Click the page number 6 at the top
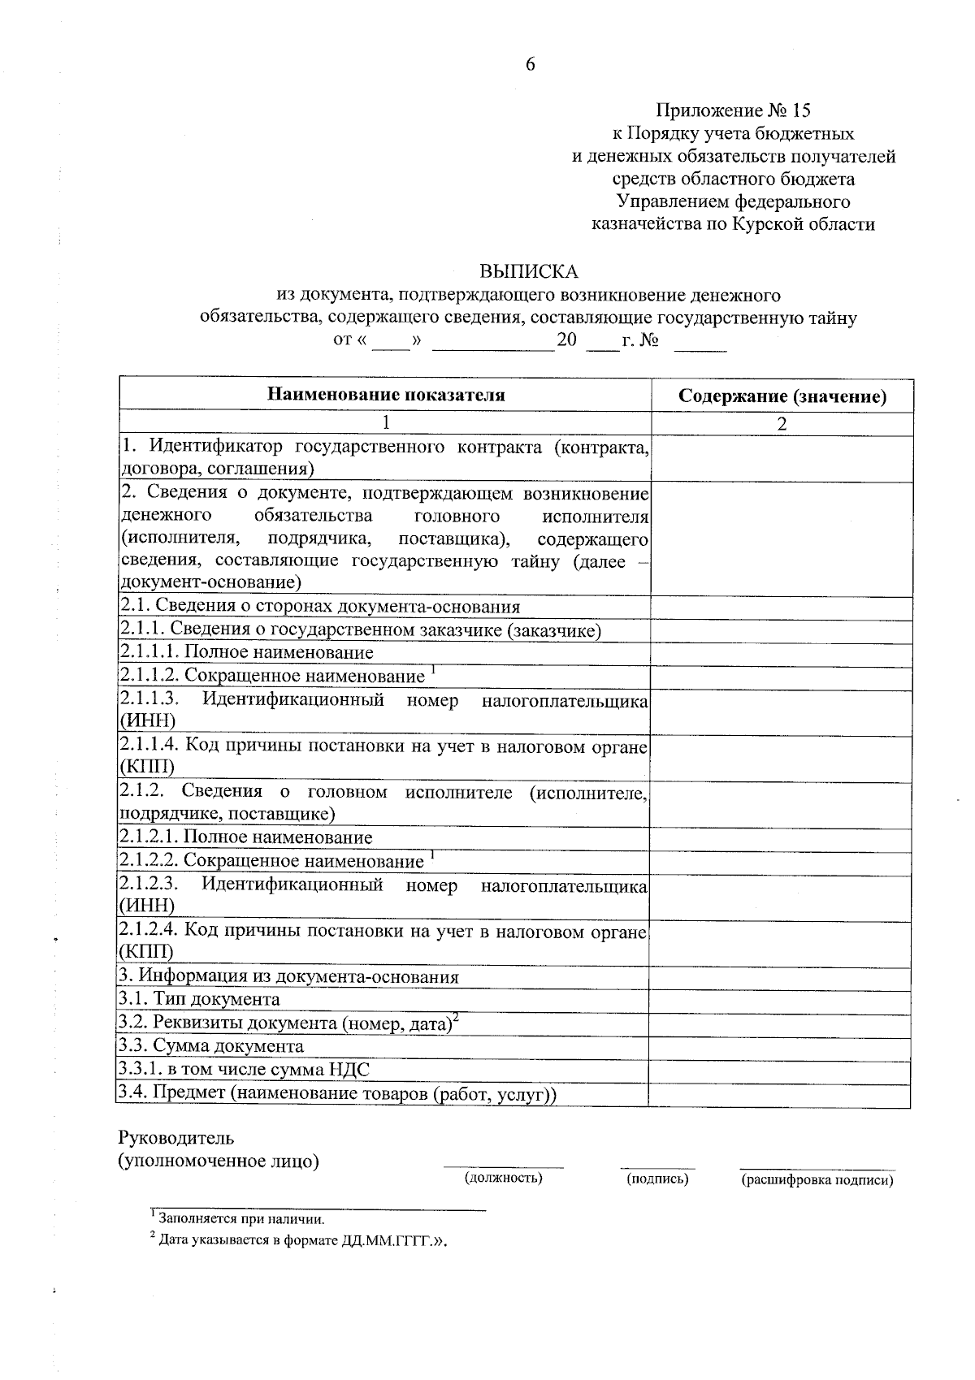(x=530, y=65)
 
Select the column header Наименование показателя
(x=386, y=396)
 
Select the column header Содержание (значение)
(x=782, y=396)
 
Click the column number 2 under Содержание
(x=782, y=424)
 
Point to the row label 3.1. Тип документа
(x=200, y=999)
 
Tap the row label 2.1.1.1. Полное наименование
(x=247, y=652)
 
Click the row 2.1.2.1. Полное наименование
(x=246, y=837)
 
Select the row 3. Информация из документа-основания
(x=289, y=976)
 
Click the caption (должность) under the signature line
(x=503, y=1178)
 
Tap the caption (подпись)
(x=657, y=1179)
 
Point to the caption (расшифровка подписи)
(x=817, y=1180)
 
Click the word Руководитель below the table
(x=176, y=1138)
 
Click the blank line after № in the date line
(x=700, y=347)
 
